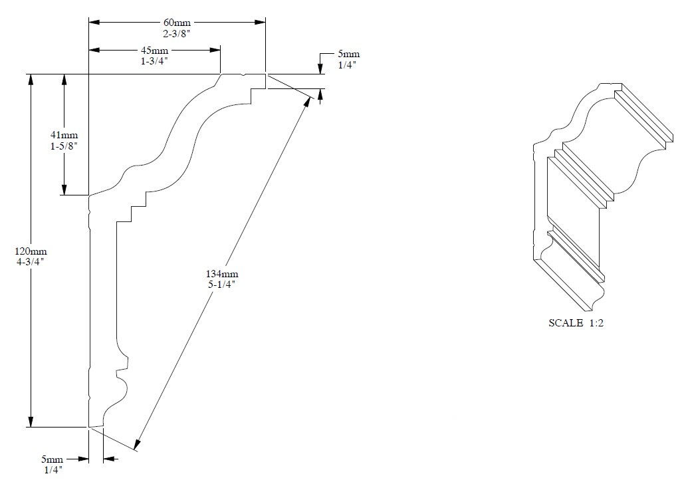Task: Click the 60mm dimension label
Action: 177,22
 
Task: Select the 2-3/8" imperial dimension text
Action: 177,32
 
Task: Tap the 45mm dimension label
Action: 154,51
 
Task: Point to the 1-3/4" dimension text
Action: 154,61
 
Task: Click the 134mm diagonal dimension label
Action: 221,274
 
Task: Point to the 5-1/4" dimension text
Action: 221,284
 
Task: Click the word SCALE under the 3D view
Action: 564,324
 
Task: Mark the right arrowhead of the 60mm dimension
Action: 261,22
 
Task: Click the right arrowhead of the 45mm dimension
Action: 216,50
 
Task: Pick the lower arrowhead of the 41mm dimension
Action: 64,190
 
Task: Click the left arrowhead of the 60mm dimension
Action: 94,22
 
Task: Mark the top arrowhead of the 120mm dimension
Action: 30,79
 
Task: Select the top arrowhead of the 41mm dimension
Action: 64,79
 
